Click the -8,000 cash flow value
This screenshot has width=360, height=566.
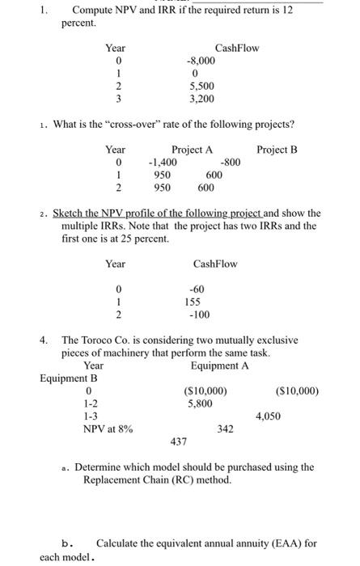tap(202, 60)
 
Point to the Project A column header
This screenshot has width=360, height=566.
tap(192, 150)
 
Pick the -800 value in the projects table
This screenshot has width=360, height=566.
tap(231, 162)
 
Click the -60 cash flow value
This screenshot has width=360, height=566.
tap(196, 289)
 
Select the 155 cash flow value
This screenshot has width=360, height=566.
tap(194, 302)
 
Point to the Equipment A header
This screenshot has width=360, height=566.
tap(220, 366)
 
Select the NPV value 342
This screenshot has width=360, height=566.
tap(225, 429)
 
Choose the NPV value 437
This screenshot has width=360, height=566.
tap(178, 441)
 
